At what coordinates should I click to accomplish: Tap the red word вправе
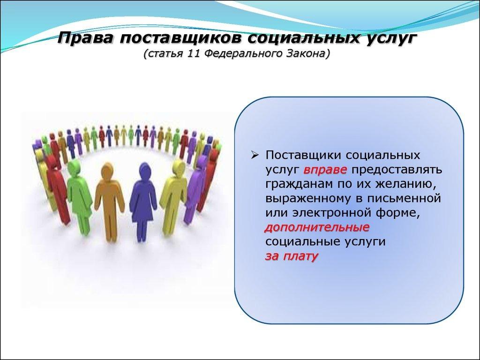tap(325, 170)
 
